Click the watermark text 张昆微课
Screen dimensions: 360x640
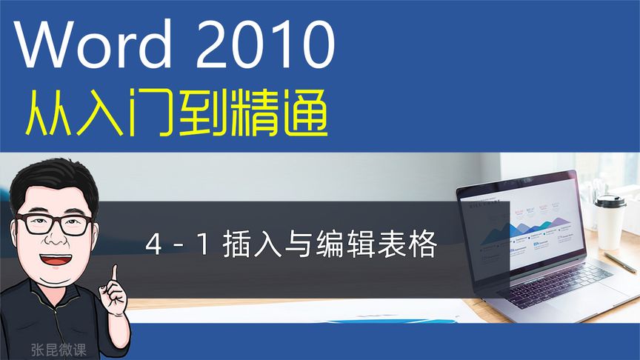tap(59, 345)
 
